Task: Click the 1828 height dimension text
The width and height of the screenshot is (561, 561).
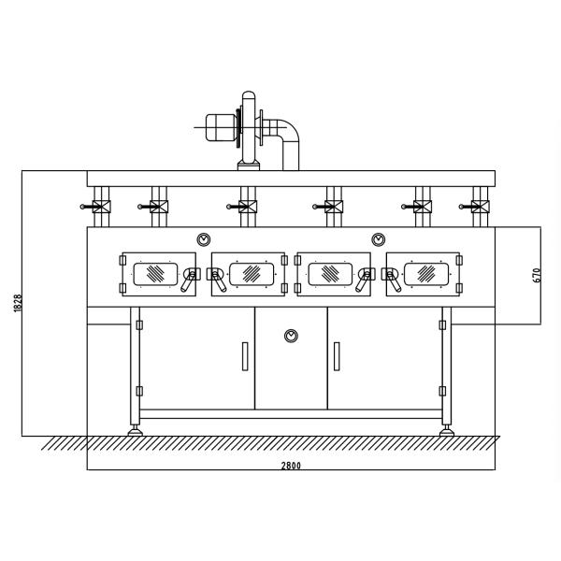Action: click(18, 303)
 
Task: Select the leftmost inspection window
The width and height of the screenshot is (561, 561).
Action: click(153, 272)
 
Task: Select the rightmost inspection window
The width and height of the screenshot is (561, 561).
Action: click(426, 272)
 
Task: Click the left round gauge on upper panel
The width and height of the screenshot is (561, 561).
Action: click(203, 238)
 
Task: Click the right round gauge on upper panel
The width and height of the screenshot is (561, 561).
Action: click(378, 238)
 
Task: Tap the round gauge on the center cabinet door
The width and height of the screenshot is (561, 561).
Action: click(291, 334)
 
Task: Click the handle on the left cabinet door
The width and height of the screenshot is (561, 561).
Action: click(245, 356)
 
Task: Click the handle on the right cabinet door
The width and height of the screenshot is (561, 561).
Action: click(336, 356)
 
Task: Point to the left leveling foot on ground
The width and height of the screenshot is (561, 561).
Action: click(137, 430)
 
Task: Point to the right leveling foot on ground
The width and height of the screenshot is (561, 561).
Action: click(446, 430)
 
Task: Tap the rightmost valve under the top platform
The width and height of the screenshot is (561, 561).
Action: click(477, 208)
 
